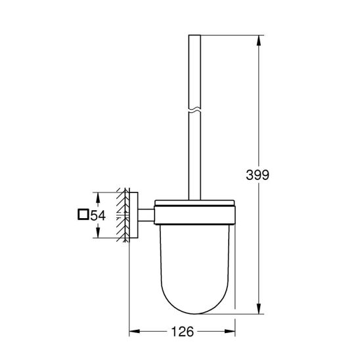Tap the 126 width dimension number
[x=182, y=332]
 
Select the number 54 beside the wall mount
[x=98, y=214]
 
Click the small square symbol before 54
[x=83, y=214]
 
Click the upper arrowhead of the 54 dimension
[x=97, y=194]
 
